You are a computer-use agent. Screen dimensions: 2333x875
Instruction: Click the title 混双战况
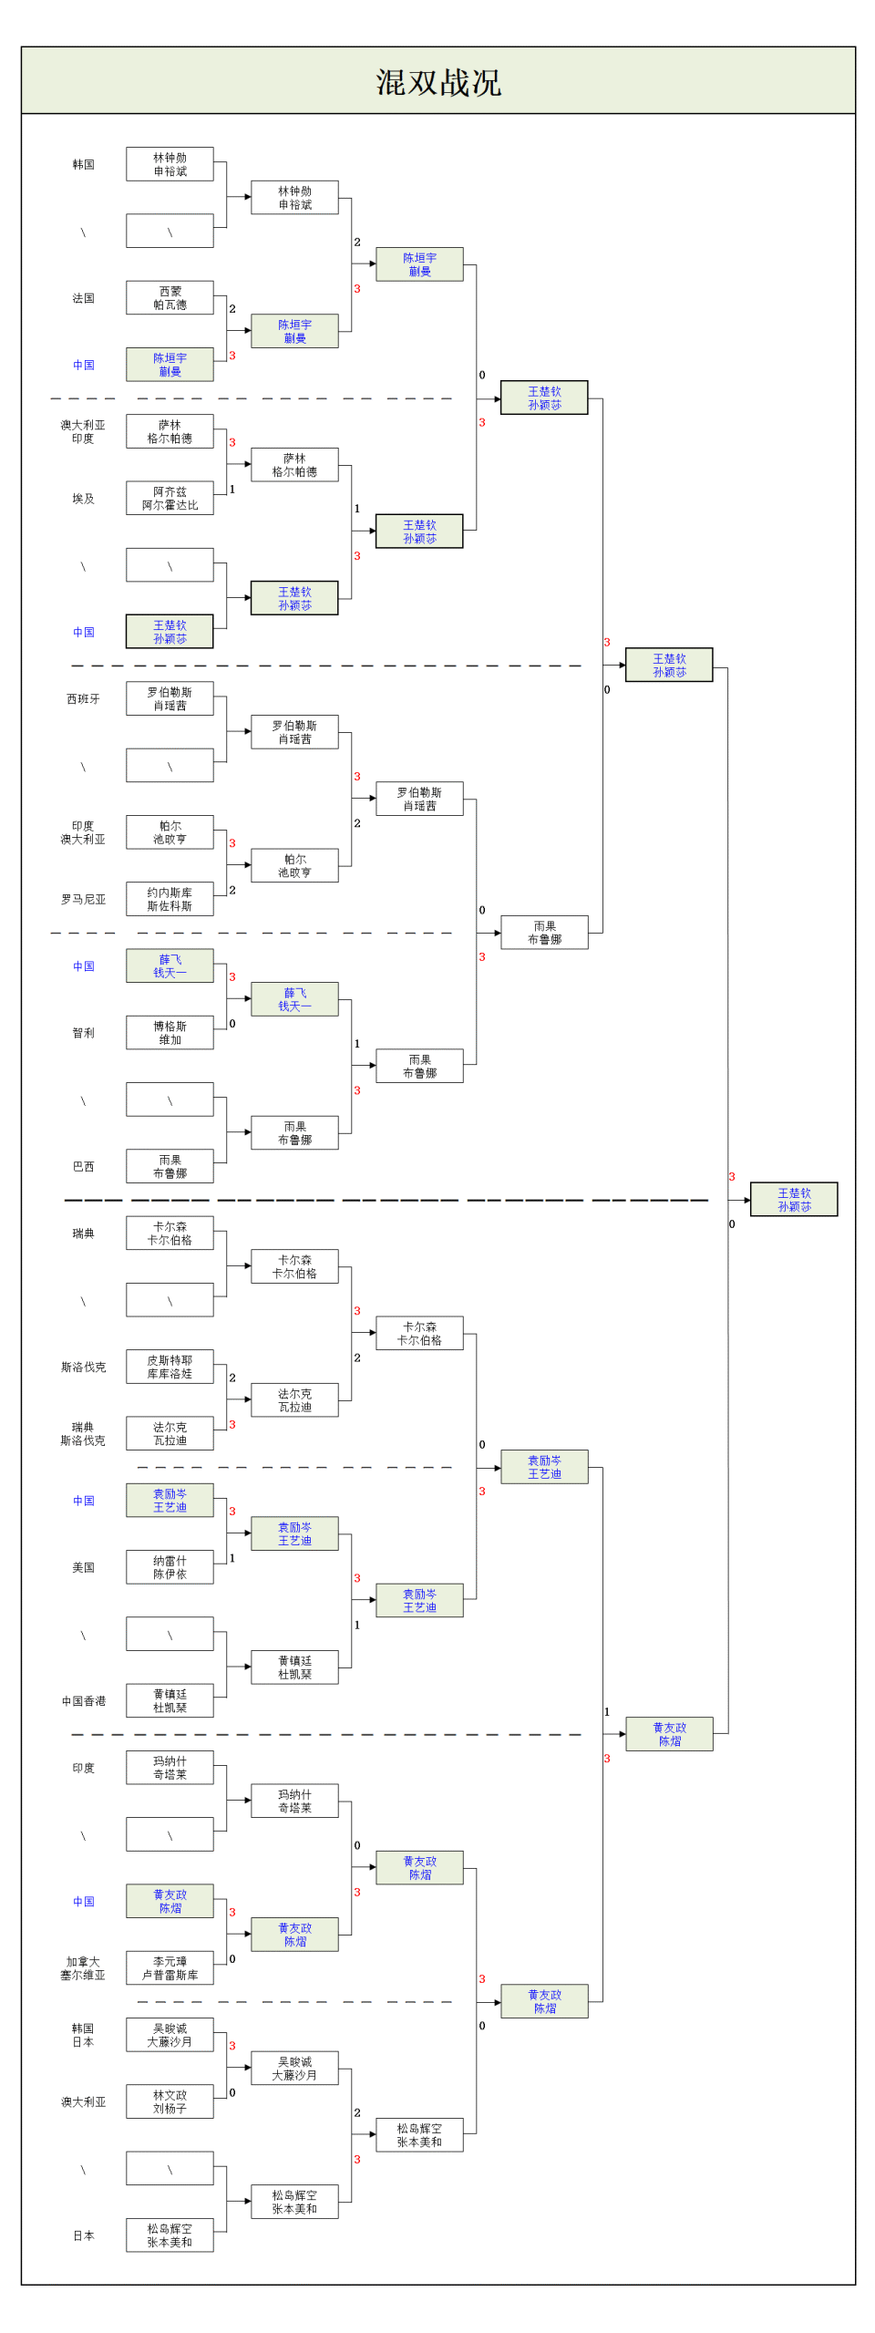coord(438,82)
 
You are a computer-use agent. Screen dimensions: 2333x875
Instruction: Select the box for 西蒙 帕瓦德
coord(170,298)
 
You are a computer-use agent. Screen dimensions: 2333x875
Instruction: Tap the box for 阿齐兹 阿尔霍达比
coord(170,499)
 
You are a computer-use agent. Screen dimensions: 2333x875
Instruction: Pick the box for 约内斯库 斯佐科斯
coord(170,899)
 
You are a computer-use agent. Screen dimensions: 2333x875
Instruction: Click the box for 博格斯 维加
coord(170,1033)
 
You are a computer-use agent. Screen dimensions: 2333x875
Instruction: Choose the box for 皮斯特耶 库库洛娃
coord(170,1367)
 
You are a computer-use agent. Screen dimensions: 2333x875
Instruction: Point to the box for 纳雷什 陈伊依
coord(170,1567)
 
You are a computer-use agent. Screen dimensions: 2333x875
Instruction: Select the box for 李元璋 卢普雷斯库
coord(170,1968)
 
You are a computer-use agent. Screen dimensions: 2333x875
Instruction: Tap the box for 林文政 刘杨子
coord(170,2101)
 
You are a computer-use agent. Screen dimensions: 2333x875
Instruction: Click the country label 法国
coord(83,298)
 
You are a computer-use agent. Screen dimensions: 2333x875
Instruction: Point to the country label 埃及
coord(83,499)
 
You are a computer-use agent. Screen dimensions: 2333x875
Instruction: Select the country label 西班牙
coord(83,699)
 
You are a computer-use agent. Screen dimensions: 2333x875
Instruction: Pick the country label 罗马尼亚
coord(83,899)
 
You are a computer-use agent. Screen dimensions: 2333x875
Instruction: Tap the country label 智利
coord(83,1033)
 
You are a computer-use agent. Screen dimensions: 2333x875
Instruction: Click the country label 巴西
coord(83,1166)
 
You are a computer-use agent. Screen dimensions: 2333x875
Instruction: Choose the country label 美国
coord(83,1567)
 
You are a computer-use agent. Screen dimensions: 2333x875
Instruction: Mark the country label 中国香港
coord(83,1701)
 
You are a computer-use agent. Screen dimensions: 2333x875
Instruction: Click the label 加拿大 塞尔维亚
coord(83,1968)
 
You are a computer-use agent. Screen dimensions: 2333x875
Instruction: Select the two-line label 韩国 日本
coord(83,2035)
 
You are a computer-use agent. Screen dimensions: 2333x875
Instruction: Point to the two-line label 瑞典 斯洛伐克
coord(83,1434)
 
